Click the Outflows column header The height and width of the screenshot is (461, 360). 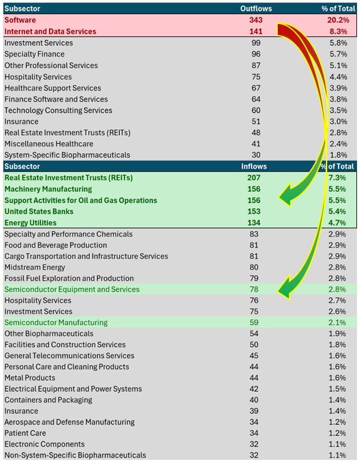(x=256, y=9)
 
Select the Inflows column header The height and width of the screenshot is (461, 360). (x=253, y=167)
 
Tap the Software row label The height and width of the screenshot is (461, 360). (x=21, y=20)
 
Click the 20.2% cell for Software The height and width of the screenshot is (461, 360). (x=342, y=20)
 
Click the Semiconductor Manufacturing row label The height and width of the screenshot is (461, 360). (x=56, y=323)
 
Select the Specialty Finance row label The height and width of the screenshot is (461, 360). (x=34, y=54)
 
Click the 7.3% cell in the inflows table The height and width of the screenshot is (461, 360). (x=343, y=178)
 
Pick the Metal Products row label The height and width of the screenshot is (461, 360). (x=30, y=378)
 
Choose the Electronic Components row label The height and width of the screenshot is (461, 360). (x=44, y=444)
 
